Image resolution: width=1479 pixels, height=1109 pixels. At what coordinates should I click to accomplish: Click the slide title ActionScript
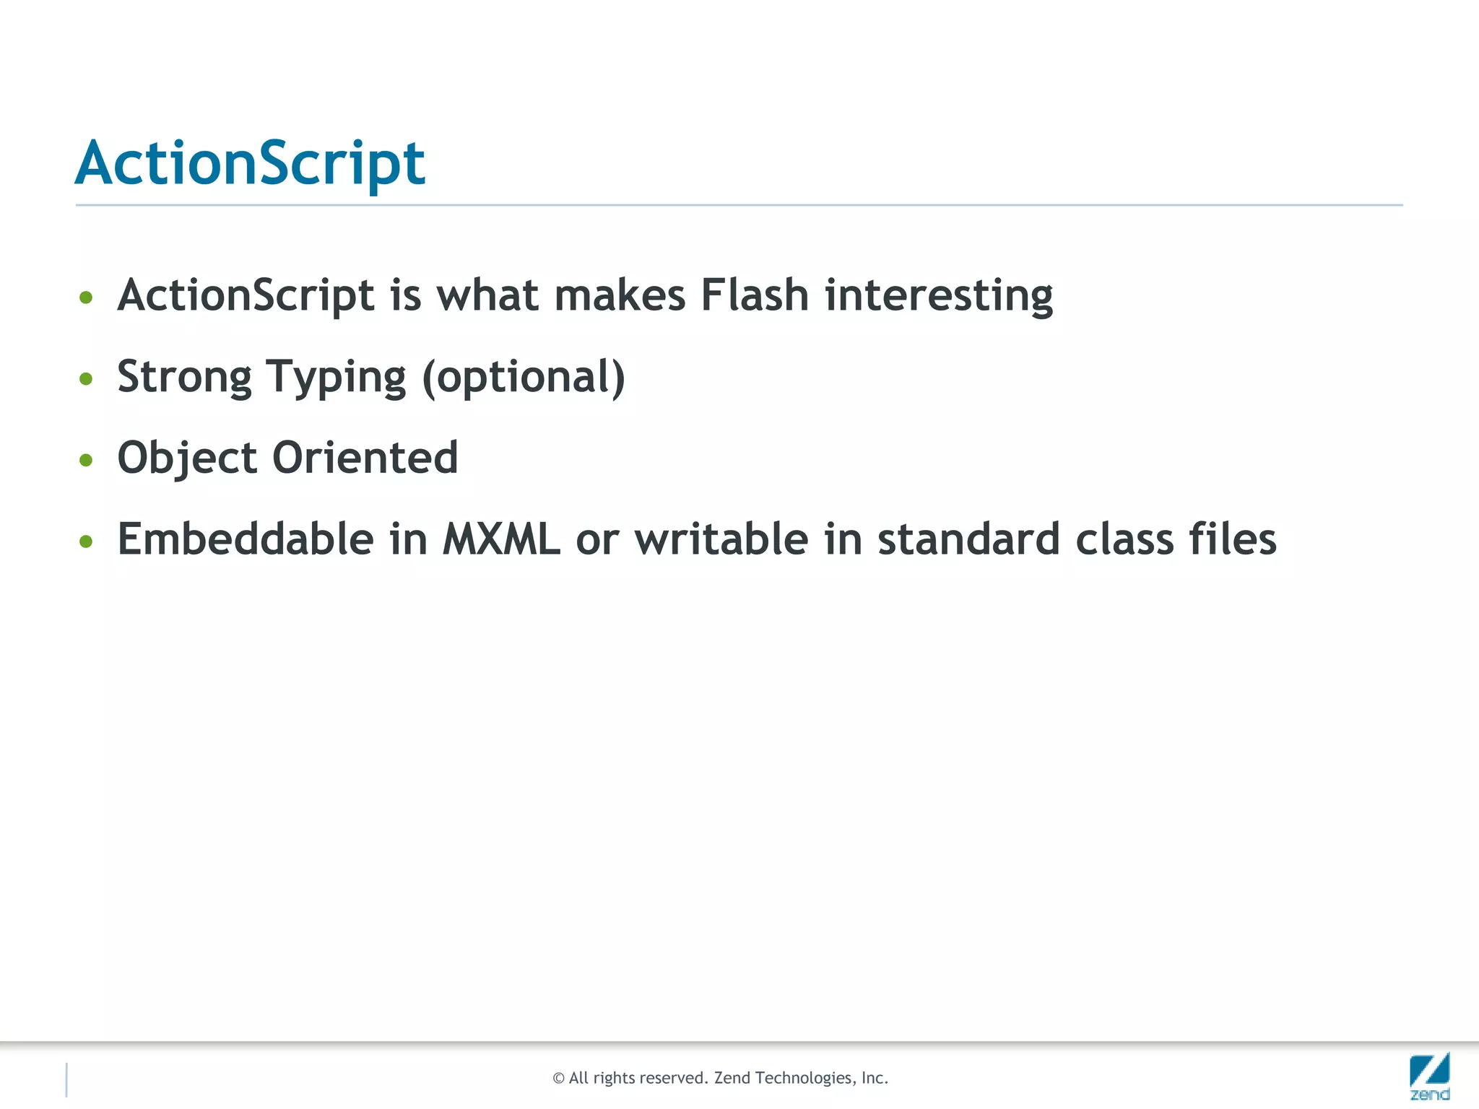coord(250,163)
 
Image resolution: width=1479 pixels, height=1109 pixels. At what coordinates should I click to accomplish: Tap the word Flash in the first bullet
coord(755,295)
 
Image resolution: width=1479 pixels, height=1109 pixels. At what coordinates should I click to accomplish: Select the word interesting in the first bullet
coord(939,295)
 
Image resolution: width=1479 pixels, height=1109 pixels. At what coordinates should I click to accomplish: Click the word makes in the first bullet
coord(620,295)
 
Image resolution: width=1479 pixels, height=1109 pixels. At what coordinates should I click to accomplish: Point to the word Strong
coord(184,377)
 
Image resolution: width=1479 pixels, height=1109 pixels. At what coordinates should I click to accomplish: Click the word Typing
coord(336,377)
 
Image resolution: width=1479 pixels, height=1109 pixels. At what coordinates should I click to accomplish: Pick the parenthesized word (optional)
coord(524,377)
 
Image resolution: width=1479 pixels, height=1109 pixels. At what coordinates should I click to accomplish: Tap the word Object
coord(187,458)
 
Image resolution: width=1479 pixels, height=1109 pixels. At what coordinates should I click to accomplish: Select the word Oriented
coord(365,458)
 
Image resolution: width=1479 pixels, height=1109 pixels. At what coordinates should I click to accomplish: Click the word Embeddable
coord(246,539)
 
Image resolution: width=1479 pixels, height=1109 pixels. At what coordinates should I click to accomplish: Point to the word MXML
coord(501,539)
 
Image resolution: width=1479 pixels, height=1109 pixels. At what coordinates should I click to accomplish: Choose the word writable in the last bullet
coord(721,539)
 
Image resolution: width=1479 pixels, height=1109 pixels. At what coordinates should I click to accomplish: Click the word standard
coord(968,539)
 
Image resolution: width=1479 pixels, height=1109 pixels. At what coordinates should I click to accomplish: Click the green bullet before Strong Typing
coord(86,378)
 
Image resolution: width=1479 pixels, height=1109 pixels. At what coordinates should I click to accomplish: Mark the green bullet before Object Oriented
coord(86,460)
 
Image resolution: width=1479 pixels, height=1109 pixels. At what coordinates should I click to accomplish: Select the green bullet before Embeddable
coord(86,541)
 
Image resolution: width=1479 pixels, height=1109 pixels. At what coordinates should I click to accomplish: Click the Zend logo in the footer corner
coord(1429,1076)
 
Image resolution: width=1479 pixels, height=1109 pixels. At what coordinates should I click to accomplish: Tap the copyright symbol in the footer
coord(558,1079)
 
